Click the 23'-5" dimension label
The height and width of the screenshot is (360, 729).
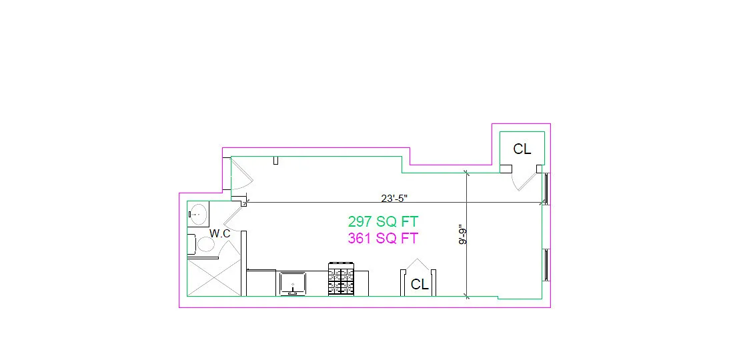(394, 199)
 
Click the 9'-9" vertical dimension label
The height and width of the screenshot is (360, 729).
(462, 235)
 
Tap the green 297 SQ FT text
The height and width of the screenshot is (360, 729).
(383, 221)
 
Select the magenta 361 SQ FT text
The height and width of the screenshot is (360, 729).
(383, 238)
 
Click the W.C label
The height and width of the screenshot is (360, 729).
(220, 233)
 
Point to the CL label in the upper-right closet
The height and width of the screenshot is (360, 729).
(522, 149)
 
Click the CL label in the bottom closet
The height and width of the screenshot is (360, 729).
(420, 284)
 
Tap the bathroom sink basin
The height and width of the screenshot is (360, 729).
(199, 214)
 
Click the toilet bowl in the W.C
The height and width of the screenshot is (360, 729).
(205, 244)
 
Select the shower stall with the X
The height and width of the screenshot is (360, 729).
(213, 277)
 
